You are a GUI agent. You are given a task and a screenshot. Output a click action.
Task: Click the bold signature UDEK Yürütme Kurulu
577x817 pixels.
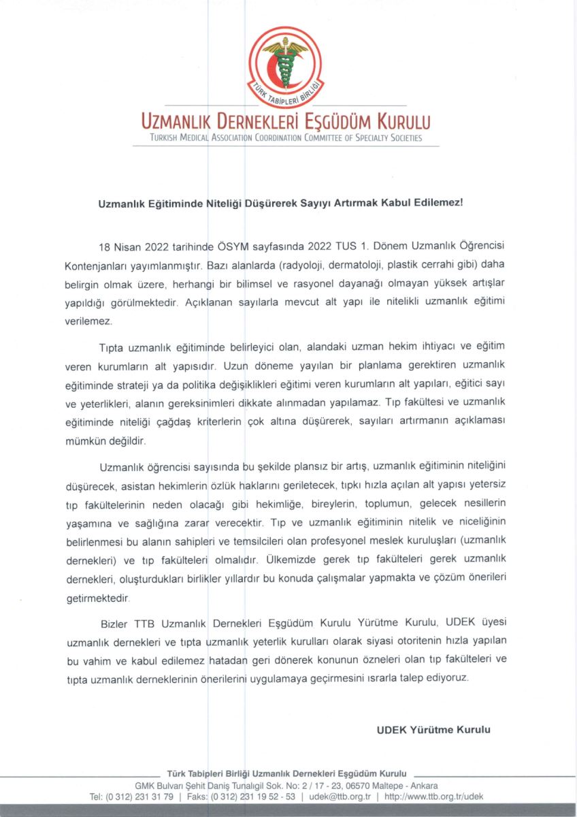click(x=433, y=730)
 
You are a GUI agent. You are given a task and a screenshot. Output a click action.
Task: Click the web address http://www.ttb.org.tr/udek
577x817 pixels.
click(x=433, y=796)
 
